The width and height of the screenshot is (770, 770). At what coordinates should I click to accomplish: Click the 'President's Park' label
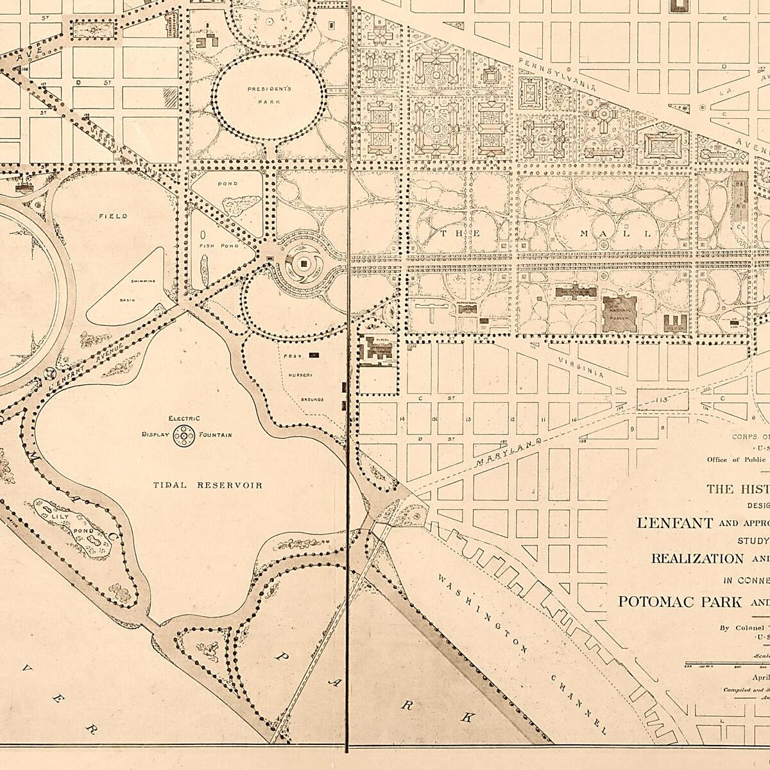(x=269, y=92)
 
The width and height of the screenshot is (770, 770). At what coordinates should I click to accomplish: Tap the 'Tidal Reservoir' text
(x=207, y=485)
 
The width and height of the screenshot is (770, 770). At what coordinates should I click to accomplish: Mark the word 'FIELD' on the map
(x=112, y=217)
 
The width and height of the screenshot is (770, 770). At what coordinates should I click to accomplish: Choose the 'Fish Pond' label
(x=218, y=246)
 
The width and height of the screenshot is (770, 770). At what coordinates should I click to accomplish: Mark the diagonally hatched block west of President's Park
(x=170, y=97)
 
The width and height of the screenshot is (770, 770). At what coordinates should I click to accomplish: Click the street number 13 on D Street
(x=468, y=420)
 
